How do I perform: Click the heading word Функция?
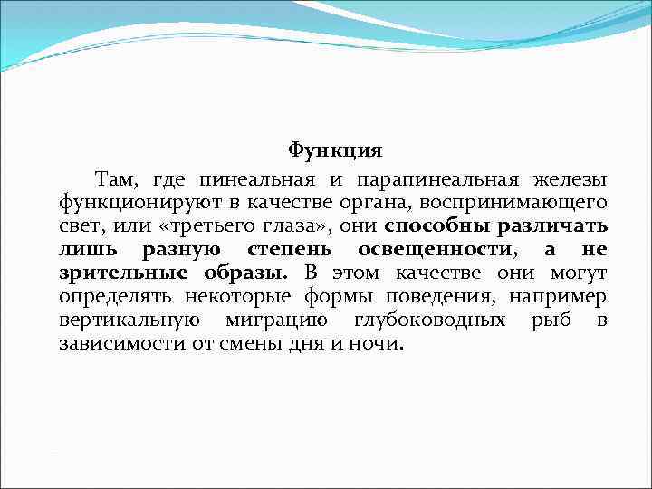pyautogui.click(x=335, y=149)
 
